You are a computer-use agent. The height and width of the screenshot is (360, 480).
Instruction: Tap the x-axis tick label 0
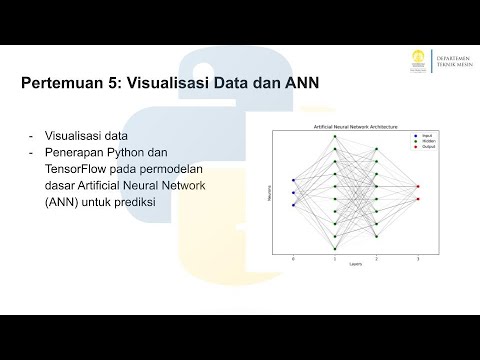[293, 259]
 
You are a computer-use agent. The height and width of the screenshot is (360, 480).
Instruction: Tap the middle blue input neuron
[293, 193]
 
